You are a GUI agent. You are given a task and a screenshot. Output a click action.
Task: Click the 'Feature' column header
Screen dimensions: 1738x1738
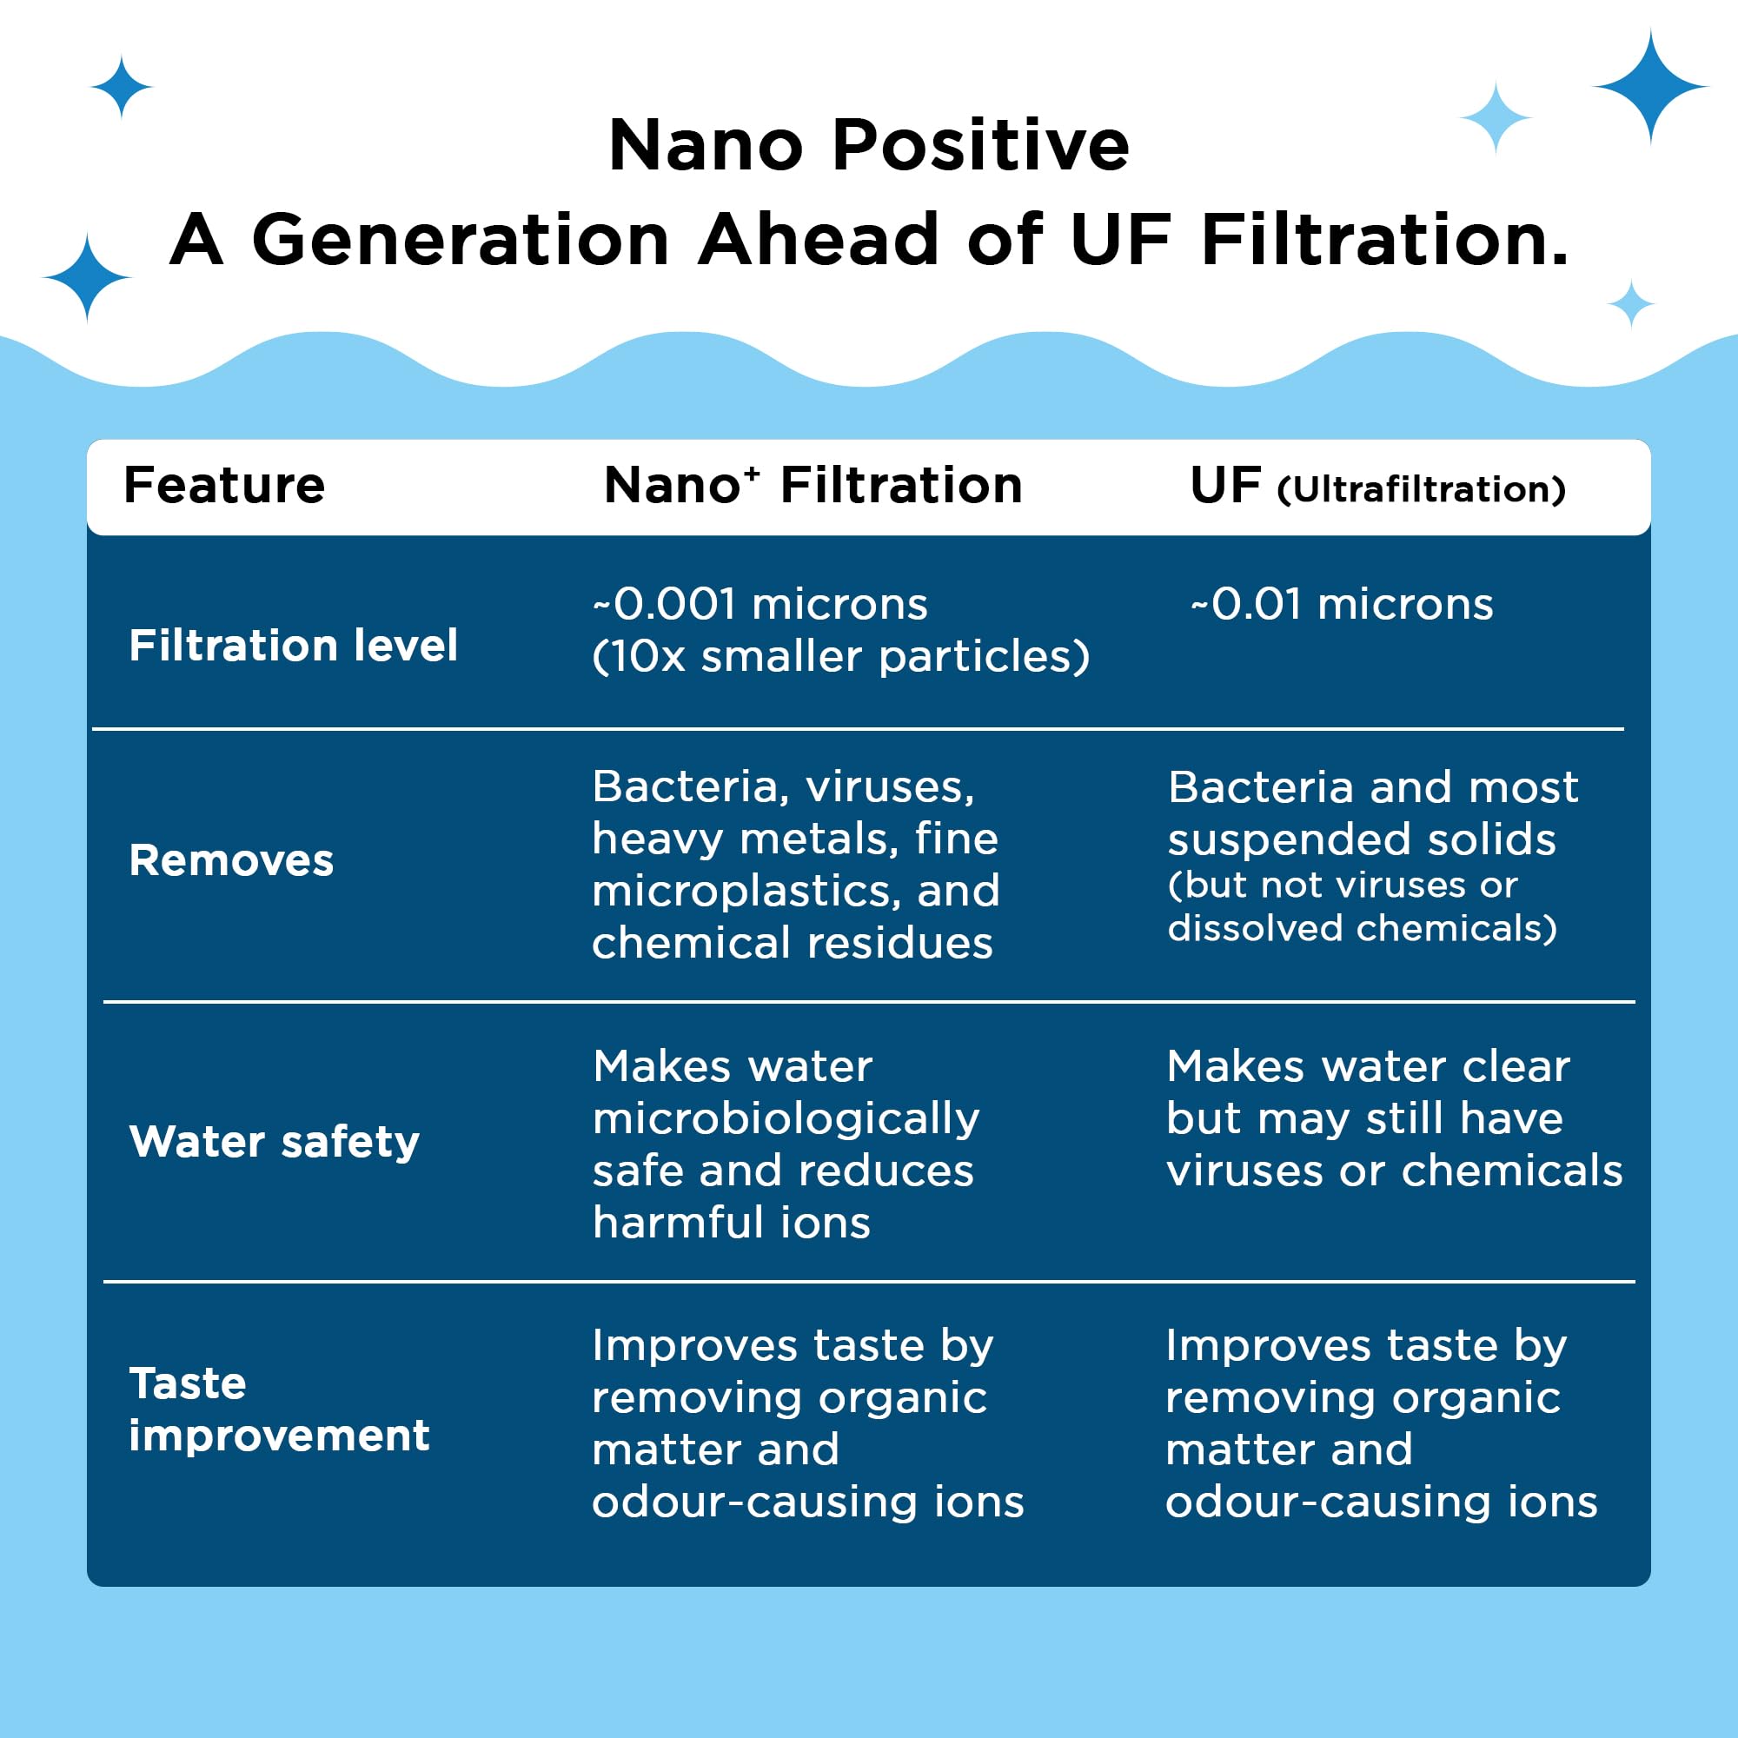224,486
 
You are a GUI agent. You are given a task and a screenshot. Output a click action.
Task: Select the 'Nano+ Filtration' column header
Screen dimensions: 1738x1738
813,486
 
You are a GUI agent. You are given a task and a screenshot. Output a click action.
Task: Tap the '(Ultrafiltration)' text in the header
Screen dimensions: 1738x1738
1422,490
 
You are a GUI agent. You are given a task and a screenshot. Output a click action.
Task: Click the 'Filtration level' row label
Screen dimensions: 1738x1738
293,646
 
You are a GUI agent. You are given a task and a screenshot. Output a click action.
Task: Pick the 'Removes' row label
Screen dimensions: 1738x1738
231,861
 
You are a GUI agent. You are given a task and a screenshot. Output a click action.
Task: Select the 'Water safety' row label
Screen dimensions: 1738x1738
275,1143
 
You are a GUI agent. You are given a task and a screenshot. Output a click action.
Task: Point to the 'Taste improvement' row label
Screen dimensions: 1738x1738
279,1409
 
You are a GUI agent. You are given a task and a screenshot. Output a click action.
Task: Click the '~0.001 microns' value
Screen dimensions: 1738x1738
760,604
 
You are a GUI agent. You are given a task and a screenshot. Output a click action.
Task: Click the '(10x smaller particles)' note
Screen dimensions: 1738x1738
840,657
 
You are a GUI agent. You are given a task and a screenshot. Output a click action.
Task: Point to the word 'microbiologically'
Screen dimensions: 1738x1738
786,1119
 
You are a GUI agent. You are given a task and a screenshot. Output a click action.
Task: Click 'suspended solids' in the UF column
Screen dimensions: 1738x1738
1361,839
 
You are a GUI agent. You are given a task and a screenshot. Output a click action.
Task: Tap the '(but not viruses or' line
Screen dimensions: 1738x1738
1343,886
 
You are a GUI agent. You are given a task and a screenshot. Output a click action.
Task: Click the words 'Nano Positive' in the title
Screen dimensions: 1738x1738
868,145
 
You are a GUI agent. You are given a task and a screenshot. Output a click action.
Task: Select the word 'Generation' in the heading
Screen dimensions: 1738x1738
461,240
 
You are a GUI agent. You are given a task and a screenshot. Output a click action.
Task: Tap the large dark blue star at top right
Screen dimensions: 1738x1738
1650,86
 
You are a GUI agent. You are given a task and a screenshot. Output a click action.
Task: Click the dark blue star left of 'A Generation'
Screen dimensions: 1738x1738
87,277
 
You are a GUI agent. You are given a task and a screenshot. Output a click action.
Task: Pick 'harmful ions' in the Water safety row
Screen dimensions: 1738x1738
732,1224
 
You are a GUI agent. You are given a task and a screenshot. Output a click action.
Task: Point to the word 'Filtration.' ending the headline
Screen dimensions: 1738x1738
1385,240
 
